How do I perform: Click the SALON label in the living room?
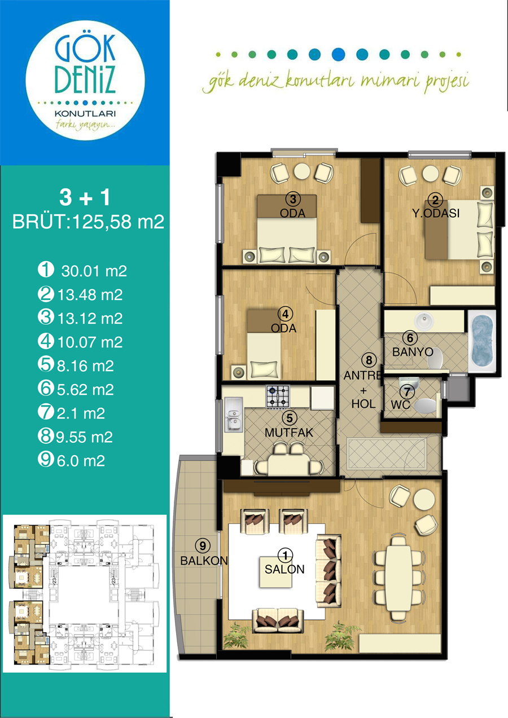(284, 569)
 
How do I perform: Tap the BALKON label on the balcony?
(204, 560)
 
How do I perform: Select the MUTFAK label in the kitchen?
(288, 433)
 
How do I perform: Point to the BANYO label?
(413, 351)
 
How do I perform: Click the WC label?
(400, 404)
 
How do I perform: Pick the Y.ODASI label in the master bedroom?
(436, 213)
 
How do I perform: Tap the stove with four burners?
(278, 397)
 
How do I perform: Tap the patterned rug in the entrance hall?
(387, 453)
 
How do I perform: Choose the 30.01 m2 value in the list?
(94, 271)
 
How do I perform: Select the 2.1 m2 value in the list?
(81, 413)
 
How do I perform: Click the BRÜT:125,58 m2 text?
(88, 222)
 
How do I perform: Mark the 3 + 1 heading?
(85, 197)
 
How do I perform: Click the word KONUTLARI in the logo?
(85, 113)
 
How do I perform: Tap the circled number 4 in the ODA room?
(286, 314)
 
